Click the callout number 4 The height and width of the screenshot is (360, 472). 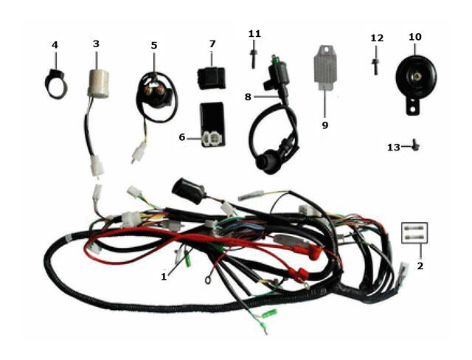click(55, 45)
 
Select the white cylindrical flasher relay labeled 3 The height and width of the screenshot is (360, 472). click(98, 83)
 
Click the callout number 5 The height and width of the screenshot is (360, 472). click(154, 46)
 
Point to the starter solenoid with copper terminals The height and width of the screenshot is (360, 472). click(156, 93)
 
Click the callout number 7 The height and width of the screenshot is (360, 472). click(212, 44)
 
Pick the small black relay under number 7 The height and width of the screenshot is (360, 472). click(212, 78)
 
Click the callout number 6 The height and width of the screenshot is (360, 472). click(182, 137)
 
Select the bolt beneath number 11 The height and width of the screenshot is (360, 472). click(253, 59)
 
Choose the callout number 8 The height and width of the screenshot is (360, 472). click(248, 97)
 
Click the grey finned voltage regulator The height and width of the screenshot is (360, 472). click(326, 67)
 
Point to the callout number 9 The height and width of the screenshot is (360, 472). click(325, 125)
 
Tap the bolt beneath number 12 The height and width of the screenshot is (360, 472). click(375, 66)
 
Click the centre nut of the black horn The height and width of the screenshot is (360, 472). click(417, 77)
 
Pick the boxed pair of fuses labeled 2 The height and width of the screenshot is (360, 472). click(414, 232)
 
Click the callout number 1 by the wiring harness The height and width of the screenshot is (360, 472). click(164, 277)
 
